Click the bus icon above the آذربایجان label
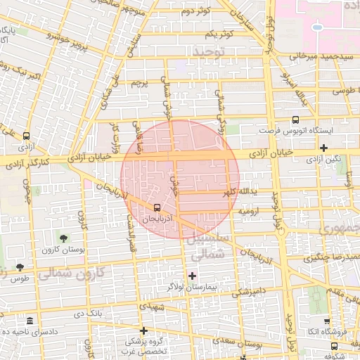pyautogui.click(x=156, y=207)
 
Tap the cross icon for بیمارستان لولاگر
pyautogui.click(x=192, y=275)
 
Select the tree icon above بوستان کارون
pyautogui.click(x=64, y=238)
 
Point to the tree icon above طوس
pyautogui.click(x=19, y=267)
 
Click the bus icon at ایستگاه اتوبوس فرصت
pyautogui.click(x=295, y=120)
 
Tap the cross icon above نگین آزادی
pyautogui.click(x=323, y=148)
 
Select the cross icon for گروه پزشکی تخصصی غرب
pyautogui.click(x=143, y=330)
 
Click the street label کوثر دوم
pyautogui.click(x=196, y=12)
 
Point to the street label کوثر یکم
pyautogui.click(x=219, y=34)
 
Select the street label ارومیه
pyautogui.click(x=251, y=211)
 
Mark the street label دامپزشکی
pyautogui.click(x=247, y=291)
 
